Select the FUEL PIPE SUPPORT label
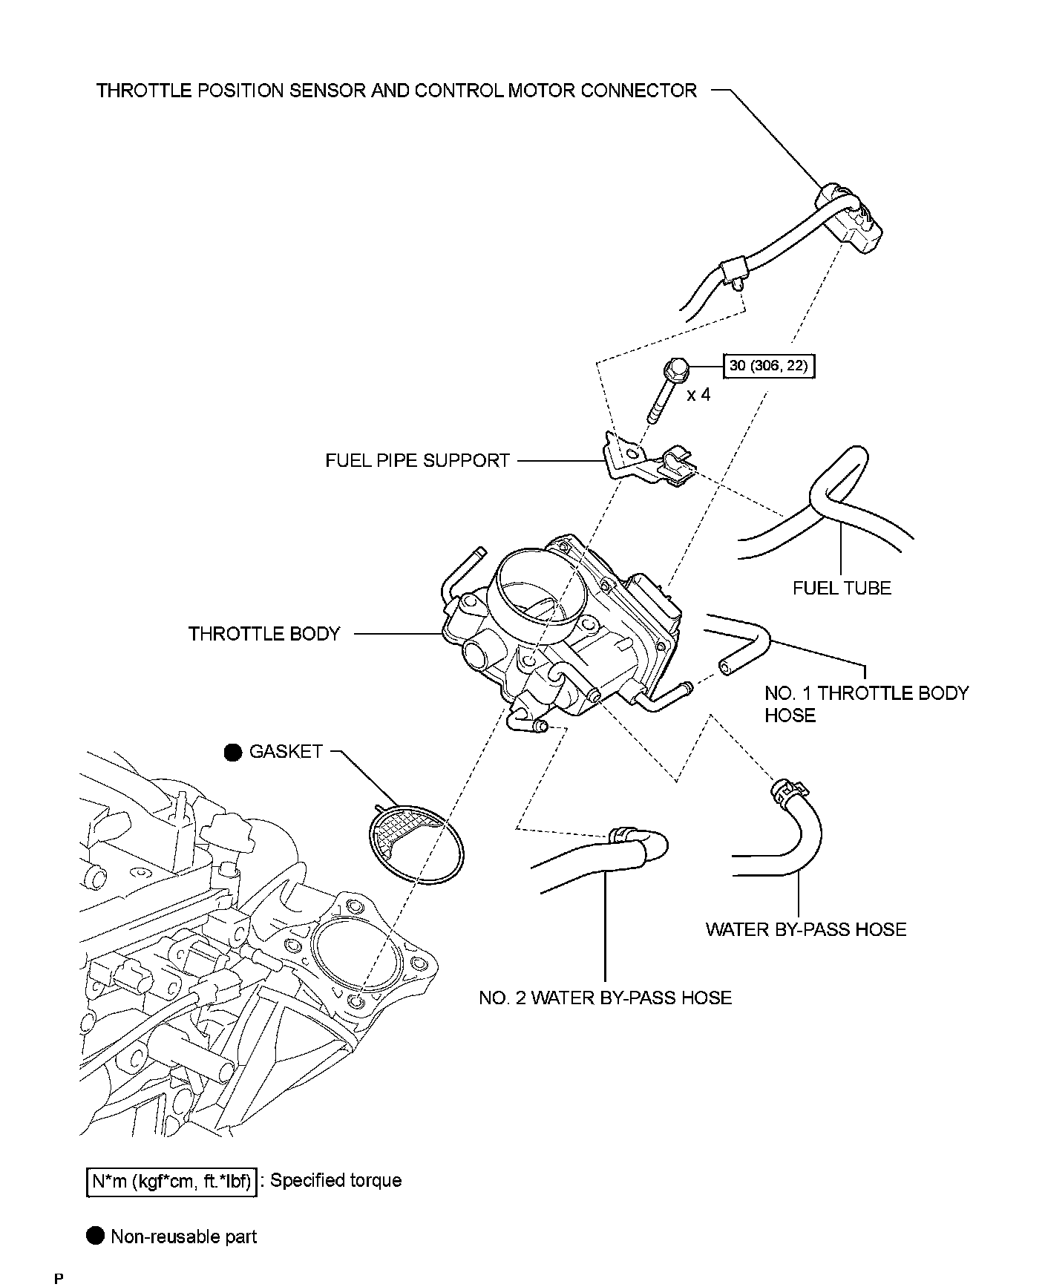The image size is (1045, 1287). pyautogui.click(x=417, y=461)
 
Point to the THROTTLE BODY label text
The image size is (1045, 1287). pyautogui.click(x=264, y=634)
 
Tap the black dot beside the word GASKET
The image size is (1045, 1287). pyautogui.click(x=233, y=753)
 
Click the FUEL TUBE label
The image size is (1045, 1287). pyautogui.click(x=842, y=589)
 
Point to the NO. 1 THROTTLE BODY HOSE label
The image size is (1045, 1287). pyautogui.click(x=866, y=704)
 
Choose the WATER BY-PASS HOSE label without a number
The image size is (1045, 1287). pyautogui.click(x=805, y=930)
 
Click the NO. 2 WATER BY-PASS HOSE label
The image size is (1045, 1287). pyautogui.click(x=605, y=998)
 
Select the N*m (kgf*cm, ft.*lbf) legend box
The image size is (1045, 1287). pyautogui.click(x=172, y=1181)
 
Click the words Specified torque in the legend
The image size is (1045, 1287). pyautogui.click(x=335, y=1181)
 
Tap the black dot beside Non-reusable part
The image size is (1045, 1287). pyautogui.click(x=96, y=1236)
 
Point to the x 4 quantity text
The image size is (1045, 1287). pyautogui.click(x=698, y=395)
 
